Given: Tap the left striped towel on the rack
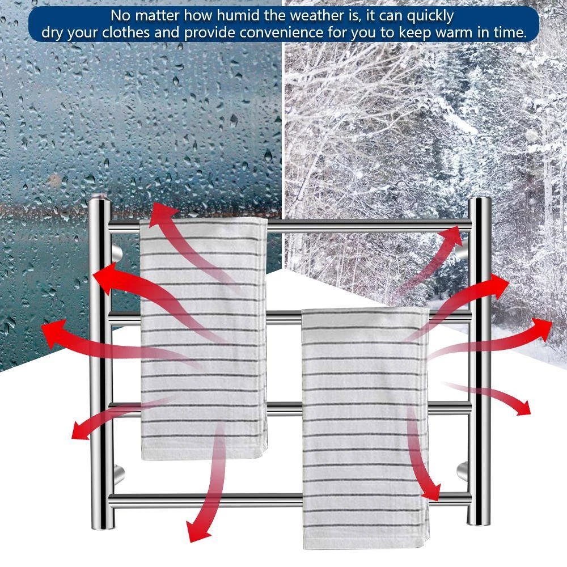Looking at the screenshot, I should pos(204,340).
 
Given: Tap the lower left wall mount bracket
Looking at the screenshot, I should pos(117,471).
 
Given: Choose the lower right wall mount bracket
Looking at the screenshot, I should pos(462,470).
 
